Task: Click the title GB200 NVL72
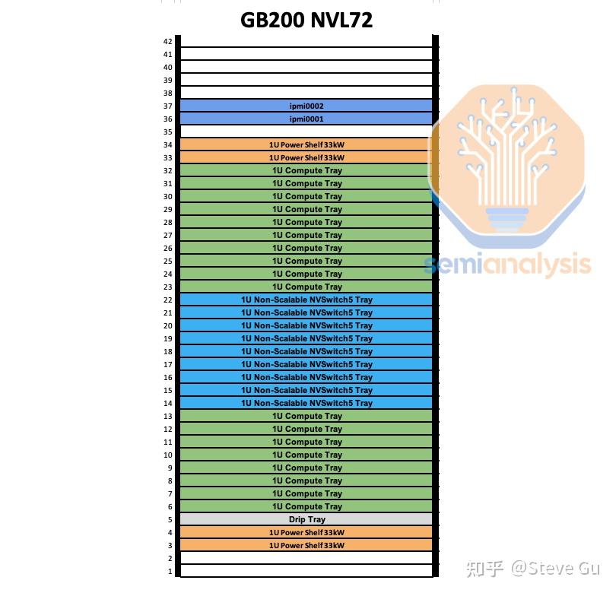click(x=306, y=21)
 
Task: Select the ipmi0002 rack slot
click(x=306, y=106)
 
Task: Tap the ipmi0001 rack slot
click(x=306, y=119)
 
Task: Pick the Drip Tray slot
click(x=306, y=520)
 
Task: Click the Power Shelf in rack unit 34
click(x=306, y=145)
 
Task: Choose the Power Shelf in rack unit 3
click(x=306, y=546)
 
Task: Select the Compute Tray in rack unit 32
click(x=306, y=171)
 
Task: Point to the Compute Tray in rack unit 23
click(x=306, y=287)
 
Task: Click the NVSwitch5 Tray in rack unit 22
click(x=306, y=300)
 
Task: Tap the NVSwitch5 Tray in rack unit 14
click(x=306, y=404)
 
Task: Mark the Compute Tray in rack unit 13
click(x=306, y=417)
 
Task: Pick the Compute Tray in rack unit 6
click(x=306, y=507)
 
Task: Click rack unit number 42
click(x=168, y=42)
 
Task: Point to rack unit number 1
click(x=170, y=572)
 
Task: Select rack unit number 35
click(x=168, y=132)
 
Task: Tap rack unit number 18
click(x=168, y=352)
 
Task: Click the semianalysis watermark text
click(x=508, y=264)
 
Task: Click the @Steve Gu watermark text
click(x=554, y=568)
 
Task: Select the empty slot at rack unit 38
click(x=306, y=94)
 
